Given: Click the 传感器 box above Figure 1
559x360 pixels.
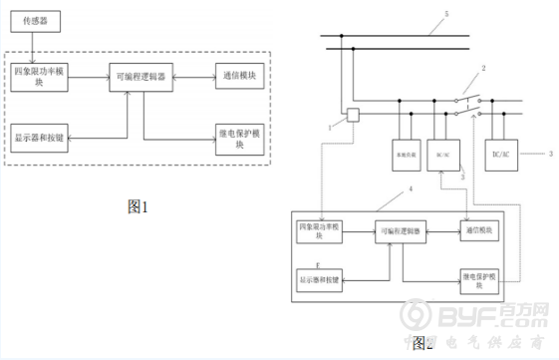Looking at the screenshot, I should click(x=36, y=18).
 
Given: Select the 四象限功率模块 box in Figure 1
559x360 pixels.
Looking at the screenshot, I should click(x=41, y=79).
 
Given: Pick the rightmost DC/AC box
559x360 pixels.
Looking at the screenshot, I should click(x=504, y=155).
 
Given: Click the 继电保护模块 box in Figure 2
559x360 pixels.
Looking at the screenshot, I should click(x=482, y=280).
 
